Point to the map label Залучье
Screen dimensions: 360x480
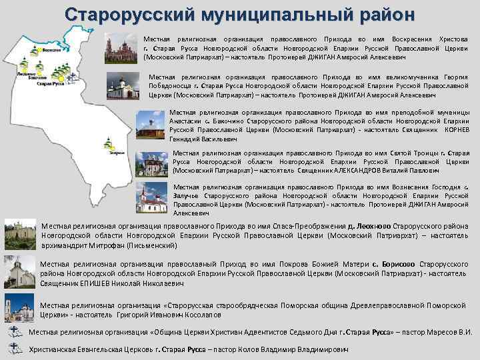pyautogui.click(x=115, y=153)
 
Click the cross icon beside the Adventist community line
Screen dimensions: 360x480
pyautogui.click(x=17, y=332)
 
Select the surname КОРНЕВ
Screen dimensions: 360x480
pyautogui.click(x=456, y=131)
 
